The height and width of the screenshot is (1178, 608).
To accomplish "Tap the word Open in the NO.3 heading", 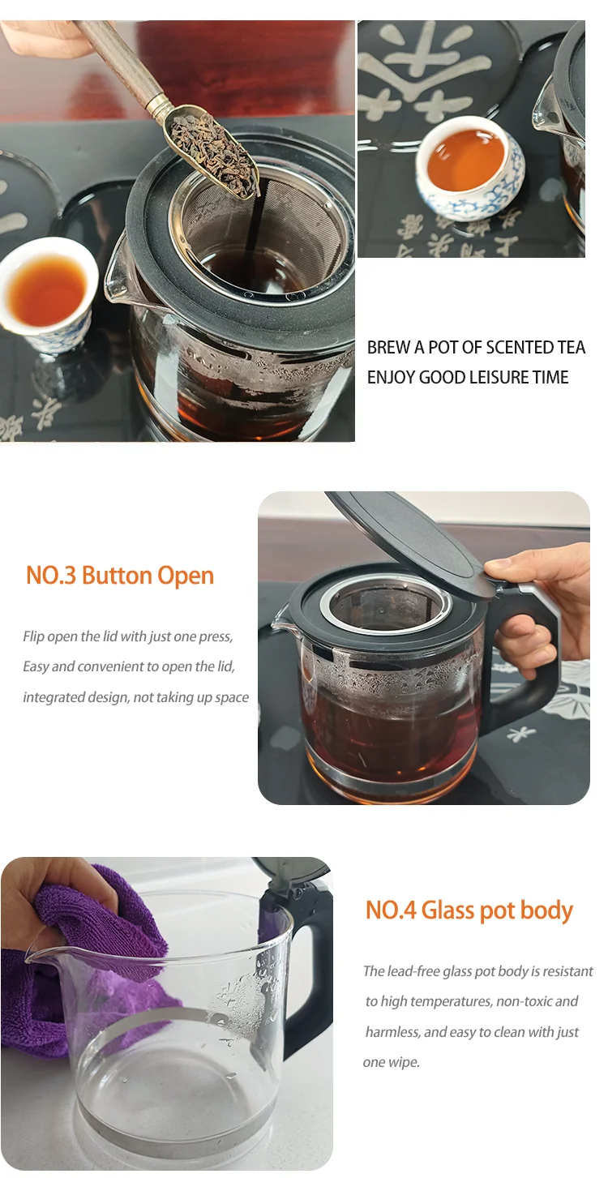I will (186, 576).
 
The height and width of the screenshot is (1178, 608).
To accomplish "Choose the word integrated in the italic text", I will (53, 697).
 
